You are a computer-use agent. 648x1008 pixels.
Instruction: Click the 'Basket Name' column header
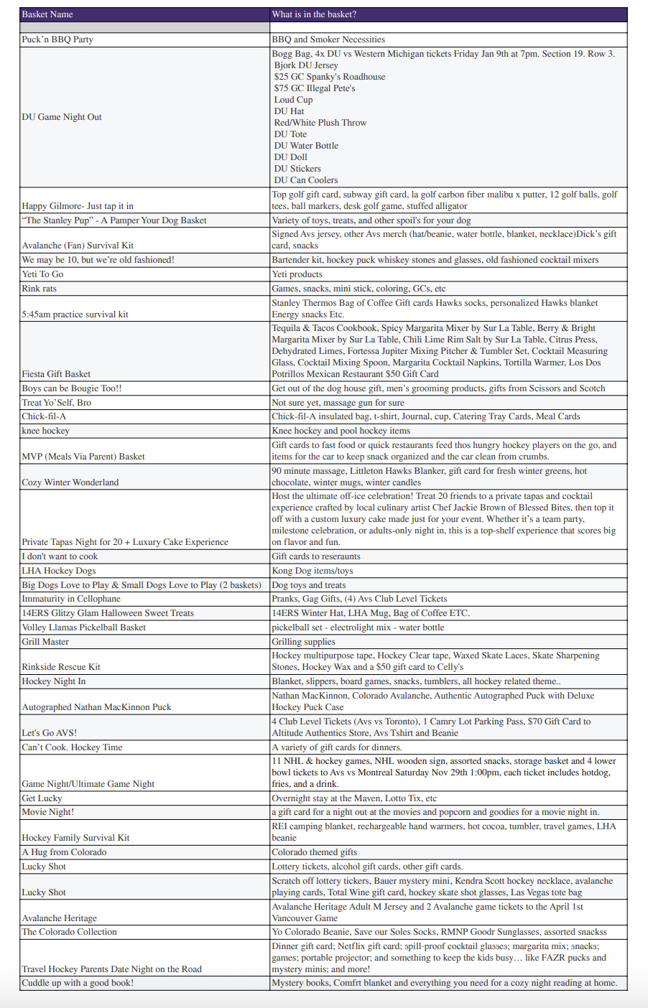[47, 14]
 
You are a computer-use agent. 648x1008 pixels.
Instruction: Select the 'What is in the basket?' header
[314, 14]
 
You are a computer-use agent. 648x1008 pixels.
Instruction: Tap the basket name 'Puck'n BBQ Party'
[57, 39]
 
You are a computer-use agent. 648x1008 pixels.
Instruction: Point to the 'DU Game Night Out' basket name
[62, 117]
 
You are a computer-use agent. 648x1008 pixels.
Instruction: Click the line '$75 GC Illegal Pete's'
[315, 88]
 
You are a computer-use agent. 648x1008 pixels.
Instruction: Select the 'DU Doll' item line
[291, 157]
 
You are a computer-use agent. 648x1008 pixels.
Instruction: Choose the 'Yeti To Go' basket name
[42, 274]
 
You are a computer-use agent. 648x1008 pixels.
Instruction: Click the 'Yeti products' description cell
[297, 274]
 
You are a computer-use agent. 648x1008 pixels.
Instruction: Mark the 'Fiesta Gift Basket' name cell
[56, 374]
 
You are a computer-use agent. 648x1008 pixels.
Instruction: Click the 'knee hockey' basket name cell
[45, 431]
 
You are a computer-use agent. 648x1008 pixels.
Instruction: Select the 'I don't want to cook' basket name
[60, 556]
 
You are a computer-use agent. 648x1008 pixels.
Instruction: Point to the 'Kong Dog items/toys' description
[313, 571]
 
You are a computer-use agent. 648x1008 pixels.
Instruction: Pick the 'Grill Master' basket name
[45, 642]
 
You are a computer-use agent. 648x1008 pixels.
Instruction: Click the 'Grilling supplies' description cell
[303, 642]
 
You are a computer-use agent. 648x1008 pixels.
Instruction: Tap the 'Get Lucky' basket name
[42, 798]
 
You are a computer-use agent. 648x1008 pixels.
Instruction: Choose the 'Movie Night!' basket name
[47, 812]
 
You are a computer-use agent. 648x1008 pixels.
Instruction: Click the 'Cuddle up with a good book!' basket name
[78, 983]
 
